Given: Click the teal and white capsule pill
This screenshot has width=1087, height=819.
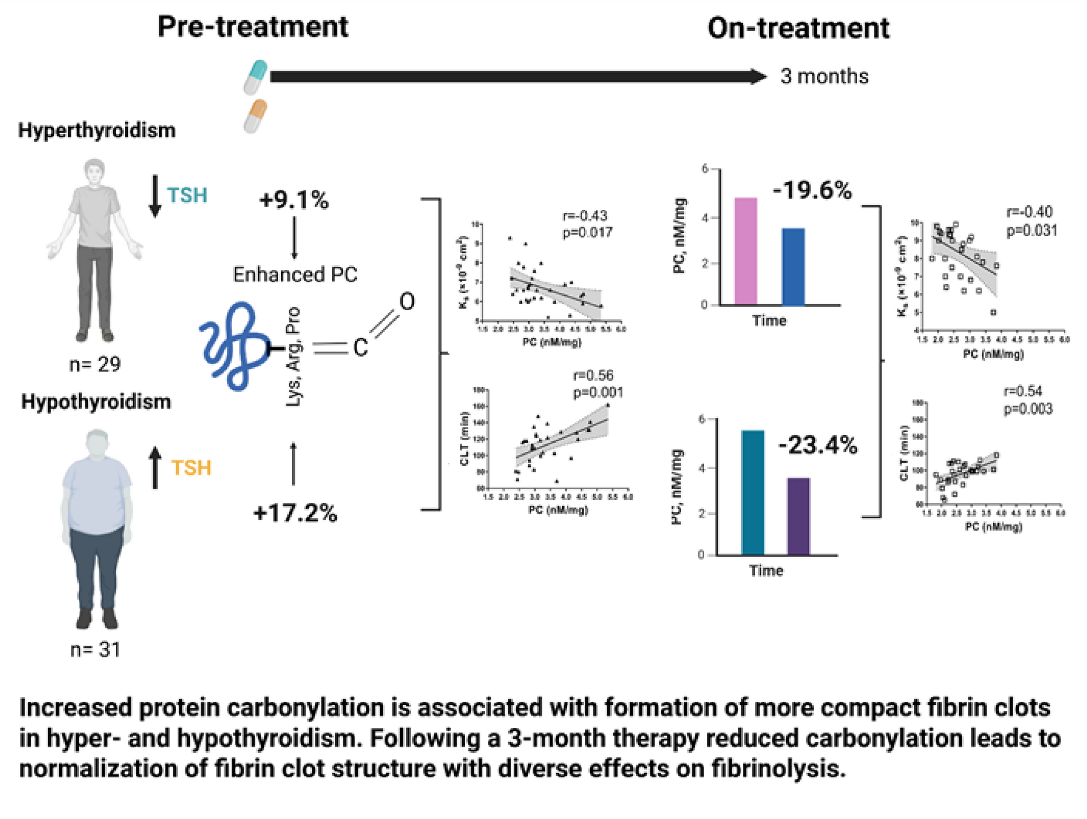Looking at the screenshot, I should coord(255,77).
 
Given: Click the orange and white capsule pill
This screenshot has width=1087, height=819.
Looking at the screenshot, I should coord(255,116).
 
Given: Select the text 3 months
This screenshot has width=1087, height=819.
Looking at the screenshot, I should coord(824,77).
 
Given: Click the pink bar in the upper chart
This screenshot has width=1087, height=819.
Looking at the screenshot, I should coord(745,251).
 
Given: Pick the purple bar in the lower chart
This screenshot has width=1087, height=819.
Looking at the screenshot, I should coord(798,516).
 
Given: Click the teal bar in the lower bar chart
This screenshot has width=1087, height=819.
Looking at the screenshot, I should coord(753,492).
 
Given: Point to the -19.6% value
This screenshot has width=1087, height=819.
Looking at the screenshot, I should coord(812,190).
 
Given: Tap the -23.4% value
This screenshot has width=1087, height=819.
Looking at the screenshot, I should coord(817,446).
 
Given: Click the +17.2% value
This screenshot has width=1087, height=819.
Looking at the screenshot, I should coord(294,513).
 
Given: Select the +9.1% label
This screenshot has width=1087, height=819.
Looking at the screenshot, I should coord(294,200).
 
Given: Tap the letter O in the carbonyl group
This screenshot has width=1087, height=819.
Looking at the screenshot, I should coord(407,302).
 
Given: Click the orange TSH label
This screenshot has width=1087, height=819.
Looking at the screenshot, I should coord(191,468).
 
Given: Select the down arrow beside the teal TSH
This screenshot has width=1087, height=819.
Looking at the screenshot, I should coord(155,196).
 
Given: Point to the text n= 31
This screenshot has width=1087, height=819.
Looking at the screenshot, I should coord(95,649).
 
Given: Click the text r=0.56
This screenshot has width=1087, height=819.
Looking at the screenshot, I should coord(593,376).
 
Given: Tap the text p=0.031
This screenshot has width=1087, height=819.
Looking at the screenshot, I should coord(1031,231).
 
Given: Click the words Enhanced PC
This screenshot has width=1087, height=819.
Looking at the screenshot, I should coord(295,275).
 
